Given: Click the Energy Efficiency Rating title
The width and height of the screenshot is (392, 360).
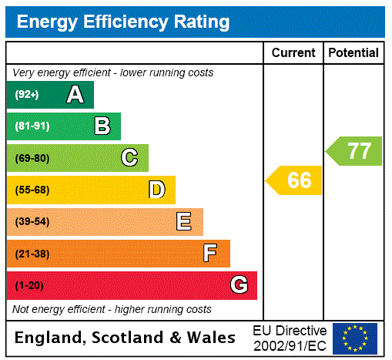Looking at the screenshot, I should pos(123,22).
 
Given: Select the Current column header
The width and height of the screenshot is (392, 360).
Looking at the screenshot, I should pos(293,53).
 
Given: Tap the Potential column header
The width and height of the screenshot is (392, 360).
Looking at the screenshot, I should pos(353,53).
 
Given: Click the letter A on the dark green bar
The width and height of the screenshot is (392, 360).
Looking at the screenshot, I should pos(75,95).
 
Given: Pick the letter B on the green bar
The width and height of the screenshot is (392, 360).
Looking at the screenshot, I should pos(102,126).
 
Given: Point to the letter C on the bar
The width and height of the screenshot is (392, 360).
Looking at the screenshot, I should pos(129,158).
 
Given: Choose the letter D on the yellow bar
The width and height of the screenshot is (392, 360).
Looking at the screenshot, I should pos(156,190).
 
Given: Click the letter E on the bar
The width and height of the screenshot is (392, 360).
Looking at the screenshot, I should pos(184,222).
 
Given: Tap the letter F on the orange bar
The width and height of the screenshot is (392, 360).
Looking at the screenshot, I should pos(210,254).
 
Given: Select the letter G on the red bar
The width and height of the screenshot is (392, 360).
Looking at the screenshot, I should pos(239,285).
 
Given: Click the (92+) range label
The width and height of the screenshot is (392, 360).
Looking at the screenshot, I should pos(27,95).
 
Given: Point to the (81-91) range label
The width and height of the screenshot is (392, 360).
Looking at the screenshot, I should pos(32,126).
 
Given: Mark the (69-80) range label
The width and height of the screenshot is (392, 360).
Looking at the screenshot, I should pos(32,159).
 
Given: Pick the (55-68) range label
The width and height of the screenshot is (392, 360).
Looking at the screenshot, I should pos(32,190).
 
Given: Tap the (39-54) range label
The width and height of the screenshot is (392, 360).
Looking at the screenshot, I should pos(32,222).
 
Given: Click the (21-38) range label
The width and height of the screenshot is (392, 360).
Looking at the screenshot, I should pos(32,254).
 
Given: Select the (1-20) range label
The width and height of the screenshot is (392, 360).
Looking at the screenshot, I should pos(29,286).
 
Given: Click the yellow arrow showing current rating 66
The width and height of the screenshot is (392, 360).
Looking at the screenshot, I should pos(295,180).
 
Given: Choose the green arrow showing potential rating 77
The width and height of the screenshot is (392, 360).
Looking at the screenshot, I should pos(355,150).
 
